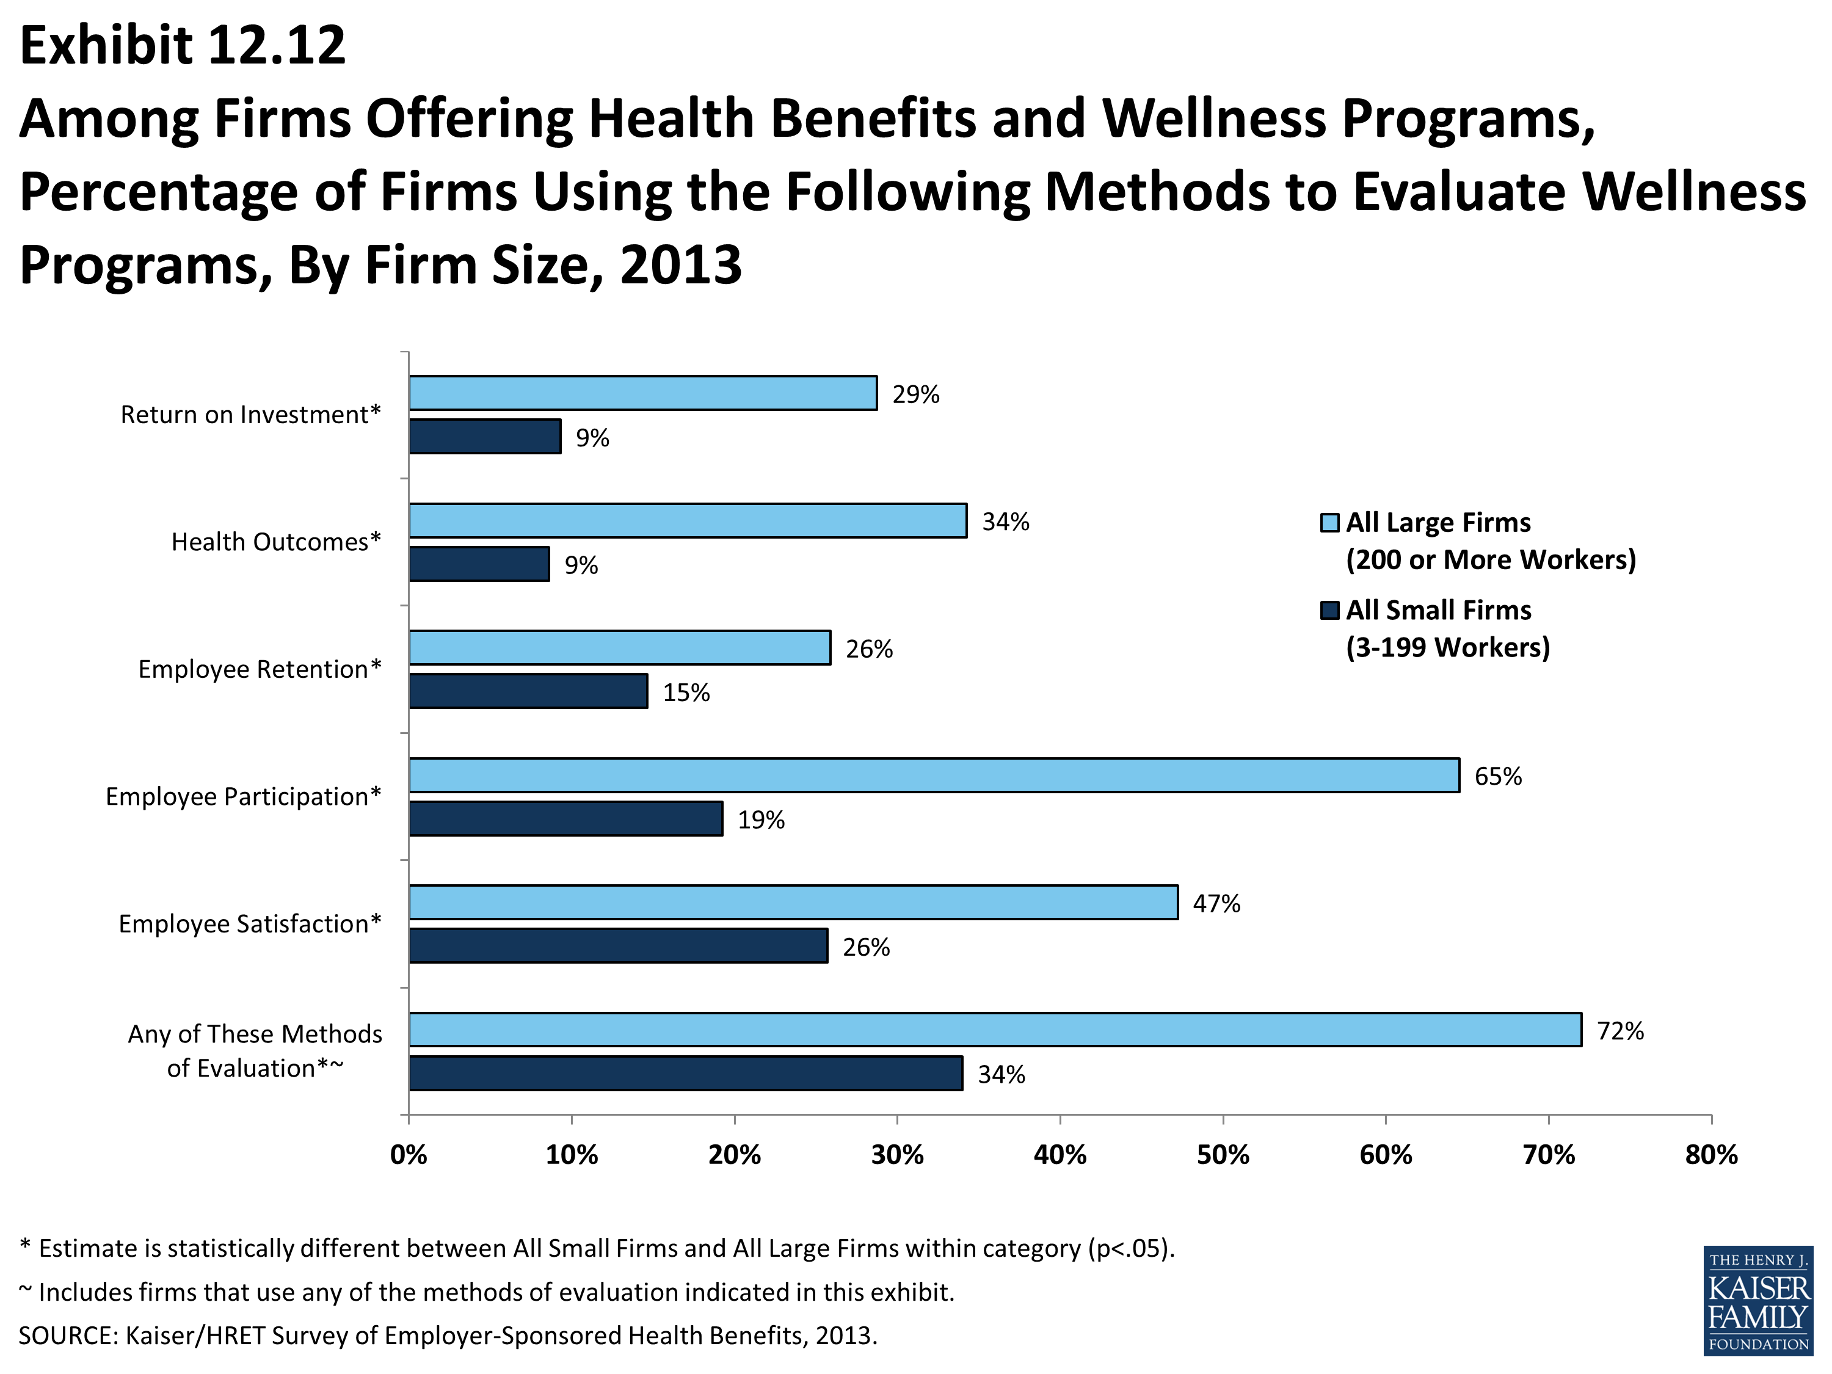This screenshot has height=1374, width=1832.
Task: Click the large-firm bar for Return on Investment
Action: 642,393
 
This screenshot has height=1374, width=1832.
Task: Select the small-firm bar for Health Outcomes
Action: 479,564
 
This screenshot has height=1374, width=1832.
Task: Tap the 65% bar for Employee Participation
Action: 934,775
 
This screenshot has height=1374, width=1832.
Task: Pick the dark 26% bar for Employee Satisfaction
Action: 619,946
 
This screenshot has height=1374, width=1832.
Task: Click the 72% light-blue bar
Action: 995,1030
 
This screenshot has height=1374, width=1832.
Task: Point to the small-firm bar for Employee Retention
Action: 528,691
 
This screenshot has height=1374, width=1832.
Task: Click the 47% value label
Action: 1216,904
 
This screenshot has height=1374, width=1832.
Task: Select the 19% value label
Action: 761,820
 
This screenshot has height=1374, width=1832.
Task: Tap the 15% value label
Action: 686,692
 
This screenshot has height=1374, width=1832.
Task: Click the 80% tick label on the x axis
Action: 1711,1155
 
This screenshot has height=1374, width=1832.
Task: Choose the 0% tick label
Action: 409,1155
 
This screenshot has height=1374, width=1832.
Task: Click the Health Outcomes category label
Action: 276,542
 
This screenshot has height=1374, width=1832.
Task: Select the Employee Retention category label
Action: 260,669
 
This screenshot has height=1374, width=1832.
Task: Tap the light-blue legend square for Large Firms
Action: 1329,523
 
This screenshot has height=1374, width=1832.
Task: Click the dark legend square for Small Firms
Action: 1329,611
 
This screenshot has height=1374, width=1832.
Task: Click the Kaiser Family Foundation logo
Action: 1757,1301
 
